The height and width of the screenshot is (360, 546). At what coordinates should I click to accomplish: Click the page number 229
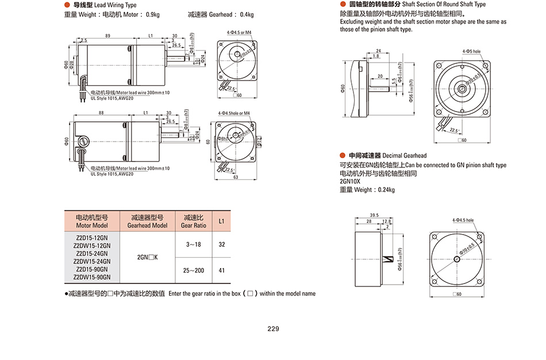pos(273,329)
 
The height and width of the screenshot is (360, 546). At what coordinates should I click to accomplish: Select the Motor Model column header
pos(91,221)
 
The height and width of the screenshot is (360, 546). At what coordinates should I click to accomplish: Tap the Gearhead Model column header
pos(147,221)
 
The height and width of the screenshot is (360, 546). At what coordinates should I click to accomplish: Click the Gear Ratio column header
pos(193,221)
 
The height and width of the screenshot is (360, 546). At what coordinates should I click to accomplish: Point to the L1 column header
pos(222,221)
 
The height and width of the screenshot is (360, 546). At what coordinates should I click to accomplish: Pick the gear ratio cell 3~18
pos(193,244)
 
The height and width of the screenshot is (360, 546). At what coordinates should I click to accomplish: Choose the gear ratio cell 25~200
pos(193,270)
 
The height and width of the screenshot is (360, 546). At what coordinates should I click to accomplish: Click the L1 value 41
pos(222,270)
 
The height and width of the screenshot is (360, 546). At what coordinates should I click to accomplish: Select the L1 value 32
pos(222,244)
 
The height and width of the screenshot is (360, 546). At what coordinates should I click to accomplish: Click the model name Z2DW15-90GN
pos(91,277)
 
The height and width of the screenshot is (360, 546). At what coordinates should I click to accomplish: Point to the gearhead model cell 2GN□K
pos(147,257)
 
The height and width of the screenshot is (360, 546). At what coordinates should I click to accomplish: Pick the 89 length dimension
pos(107,36)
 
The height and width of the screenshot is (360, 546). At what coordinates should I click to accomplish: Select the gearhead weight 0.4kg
pos(246,14)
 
